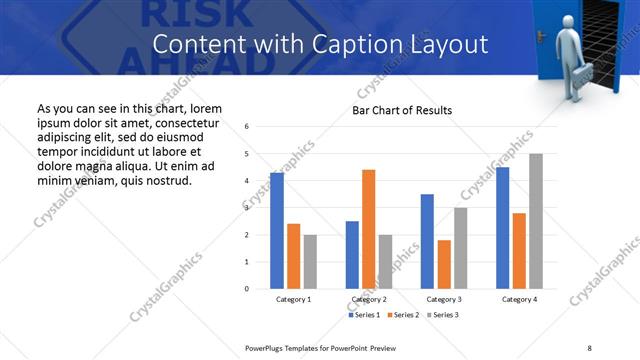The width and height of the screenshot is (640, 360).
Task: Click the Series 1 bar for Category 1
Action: tap(277, 231)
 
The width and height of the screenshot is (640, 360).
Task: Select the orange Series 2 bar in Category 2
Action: tap(368, 229)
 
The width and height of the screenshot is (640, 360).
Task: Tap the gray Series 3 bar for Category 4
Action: tap(536, 221)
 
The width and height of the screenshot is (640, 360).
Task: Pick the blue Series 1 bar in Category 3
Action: tap(427, 241)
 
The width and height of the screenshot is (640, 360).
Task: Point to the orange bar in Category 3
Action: tap(444, 264)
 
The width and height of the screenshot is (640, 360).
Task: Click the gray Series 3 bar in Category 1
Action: tap(310, 262)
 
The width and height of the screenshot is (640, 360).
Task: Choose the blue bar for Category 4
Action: tap(502, 228)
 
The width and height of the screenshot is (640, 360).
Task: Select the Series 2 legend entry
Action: tap(403, 315)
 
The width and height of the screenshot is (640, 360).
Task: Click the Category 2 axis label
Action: tap(369, 299)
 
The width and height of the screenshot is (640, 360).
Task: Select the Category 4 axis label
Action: tap(519, 299)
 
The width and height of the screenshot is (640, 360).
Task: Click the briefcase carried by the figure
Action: tap(581, 73)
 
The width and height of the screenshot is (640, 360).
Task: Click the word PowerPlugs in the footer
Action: tap(268, 346)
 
